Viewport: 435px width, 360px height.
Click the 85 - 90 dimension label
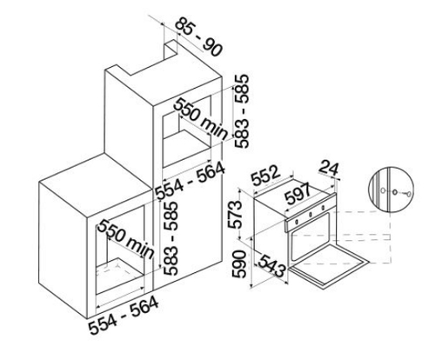(199, 37)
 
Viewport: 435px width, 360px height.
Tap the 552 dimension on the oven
(266, 176)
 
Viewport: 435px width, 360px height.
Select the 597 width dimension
(298, 194)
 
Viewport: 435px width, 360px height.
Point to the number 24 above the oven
(329, 169)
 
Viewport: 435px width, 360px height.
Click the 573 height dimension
(235, 215)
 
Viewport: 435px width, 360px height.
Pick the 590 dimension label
(239, 264)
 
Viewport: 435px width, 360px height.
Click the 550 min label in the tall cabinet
(201, 118)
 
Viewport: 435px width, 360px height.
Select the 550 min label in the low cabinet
(125, 239)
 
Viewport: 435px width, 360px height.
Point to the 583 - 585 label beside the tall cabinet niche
(241, 111)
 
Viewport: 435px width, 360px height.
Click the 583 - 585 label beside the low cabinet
(170, 238)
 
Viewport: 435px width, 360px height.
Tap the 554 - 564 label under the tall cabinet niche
(190, 181)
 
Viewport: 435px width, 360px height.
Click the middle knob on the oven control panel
(310, 215)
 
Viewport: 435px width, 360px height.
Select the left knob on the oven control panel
(297, 222)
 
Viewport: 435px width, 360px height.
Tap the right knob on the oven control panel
(323, 207)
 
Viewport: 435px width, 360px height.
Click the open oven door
(330, 266)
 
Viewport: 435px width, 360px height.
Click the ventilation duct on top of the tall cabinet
(170, 51)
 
